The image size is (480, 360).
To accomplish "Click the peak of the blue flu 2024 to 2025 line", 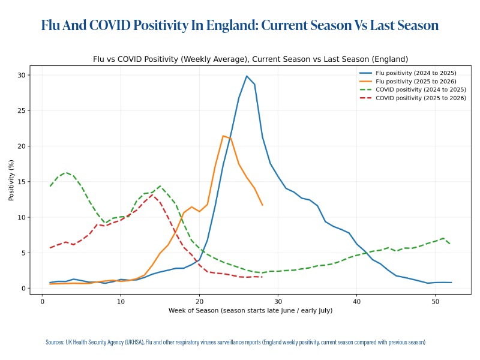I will pos(247,76).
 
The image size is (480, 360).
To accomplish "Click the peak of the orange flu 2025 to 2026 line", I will pos(223,136).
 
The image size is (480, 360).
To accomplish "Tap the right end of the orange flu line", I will pos(262,205).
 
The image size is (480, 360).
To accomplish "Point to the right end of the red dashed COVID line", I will pos(262,277).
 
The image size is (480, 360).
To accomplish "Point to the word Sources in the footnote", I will pos(55,342).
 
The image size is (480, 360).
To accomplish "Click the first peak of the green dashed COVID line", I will pos(66,172).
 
